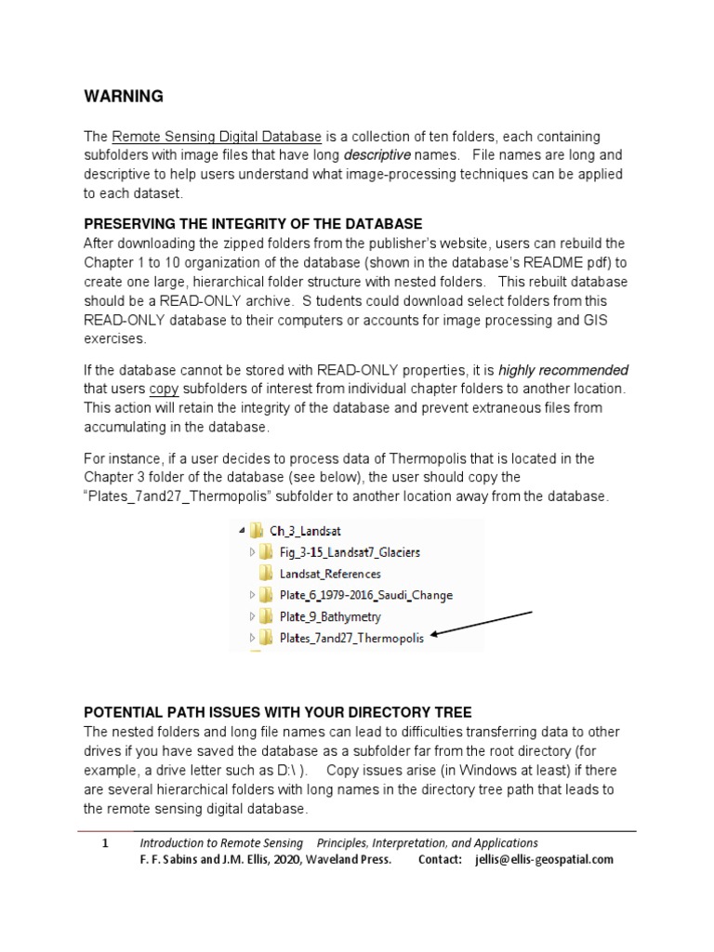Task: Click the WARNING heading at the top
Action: (x=124, y=97)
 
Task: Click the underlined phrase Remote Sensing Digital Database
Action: (x=217, y=137)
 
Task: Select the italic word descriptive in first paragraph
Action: (x=377, y=154)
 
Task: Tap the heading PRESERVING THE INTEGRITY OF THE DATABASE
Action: (x=253, y=224)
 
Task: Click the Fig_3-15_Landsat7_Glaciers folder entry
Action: (x=350, y=552)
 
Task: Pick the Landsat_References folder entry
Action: (x=330, y=574)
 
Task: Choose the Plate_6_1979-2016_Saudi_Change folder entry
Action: (x=366, y=595)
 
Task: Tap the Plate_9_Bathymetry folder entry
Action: (x=330, y=616)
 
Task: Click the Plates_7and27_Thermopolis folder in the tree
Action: (x=351, y=638)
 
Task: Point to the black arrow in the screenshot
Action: (x=481, y=624)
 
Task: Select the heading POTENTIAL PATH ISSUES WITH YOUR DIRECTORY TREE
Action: (x=278, y=712)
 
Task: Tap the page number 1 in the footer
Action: (x=106, y=843)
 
